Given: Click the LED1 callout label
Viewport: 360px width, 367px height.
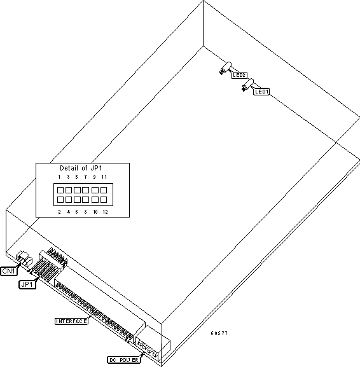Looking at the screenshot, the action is tap(261, 92).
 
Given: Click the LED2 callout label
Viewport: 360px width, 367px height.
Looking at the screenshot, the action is tap(239, 75).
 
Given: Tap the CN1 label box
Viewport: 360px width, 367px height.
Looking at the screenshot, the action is tap(9, 271).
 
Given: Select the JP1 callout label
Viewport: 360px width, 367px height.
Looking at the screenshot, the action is tap(27, 284).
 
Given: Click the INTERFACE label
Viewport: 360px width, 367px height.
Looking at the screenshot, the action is tap(71, 321).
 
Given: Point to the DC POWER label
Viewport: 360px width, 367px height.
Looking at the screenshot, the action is tap(124, 360).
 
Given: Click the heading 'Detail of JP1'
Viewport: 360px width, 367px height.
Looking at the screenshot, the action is tap(81, 168).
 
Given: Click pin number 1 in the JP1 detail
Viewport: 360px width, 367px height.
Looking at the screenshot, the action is tap(59, 177).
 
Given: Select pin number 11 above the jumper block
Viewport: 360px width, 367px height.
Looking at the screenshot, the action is tap(104, 177).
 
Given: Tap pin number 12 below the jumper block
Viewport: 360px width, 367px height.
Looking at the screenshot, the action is tap(105, 212).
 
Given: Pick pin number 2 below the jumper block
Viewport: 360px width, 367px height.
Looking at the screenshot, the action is tap(59, 212).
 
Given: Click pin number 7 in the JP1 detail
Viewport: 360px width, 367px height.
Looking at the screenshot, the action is tap(85, 177).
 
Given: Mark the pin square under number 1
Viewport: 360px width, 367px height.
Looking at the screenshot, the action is tap(60, 190).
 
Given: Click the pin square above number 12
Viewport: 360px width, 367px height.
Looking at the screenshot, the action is tap(104, 200).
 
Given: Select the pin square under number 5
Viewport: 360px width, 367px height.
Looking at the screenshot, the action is tap(77, 190).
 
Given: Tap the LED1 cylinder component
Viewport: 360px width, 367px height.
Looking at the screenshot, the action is tap(247, 85).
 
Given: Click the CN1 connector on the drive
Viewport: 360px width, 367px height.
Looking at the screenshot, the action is tap(24, 258).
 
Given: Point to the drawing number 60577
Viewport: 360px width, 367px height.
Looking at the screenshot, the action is tap(219, 333).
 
